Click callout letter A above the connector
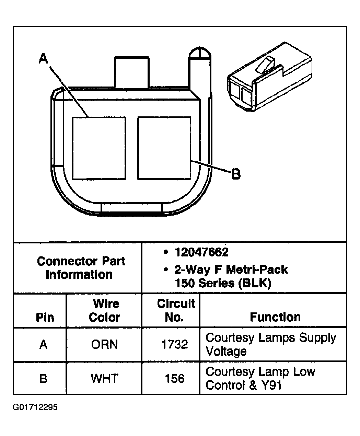click(x=43, y=58)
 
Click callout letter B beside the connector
click(x=236, y=174)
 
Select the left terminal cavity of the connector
click(x=99, y=148)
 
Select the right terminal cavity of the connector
click(x=164, y=148)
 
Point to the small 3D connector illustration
click(x=270, y=77)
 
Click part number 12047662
click(x=201, y=253)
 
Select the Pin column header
click(x=45, y=317)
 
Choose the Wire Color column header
click(x=105, y=310)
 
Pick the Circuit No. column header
click(x=175, y=310)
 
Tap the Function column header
click(x=275, y=317)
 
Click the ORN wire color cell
click(x=104, y=344)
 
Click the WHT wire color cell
click(x=104, y=378)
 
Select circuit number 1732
click(x=175, y=344)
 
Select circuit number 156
click(x=175, y=379)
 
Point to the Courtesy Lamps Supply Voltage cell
click(x=270, y=344)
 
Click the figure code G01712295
click(x=35, y=408)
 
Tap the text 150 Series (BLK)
click(x=223, y=283)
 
